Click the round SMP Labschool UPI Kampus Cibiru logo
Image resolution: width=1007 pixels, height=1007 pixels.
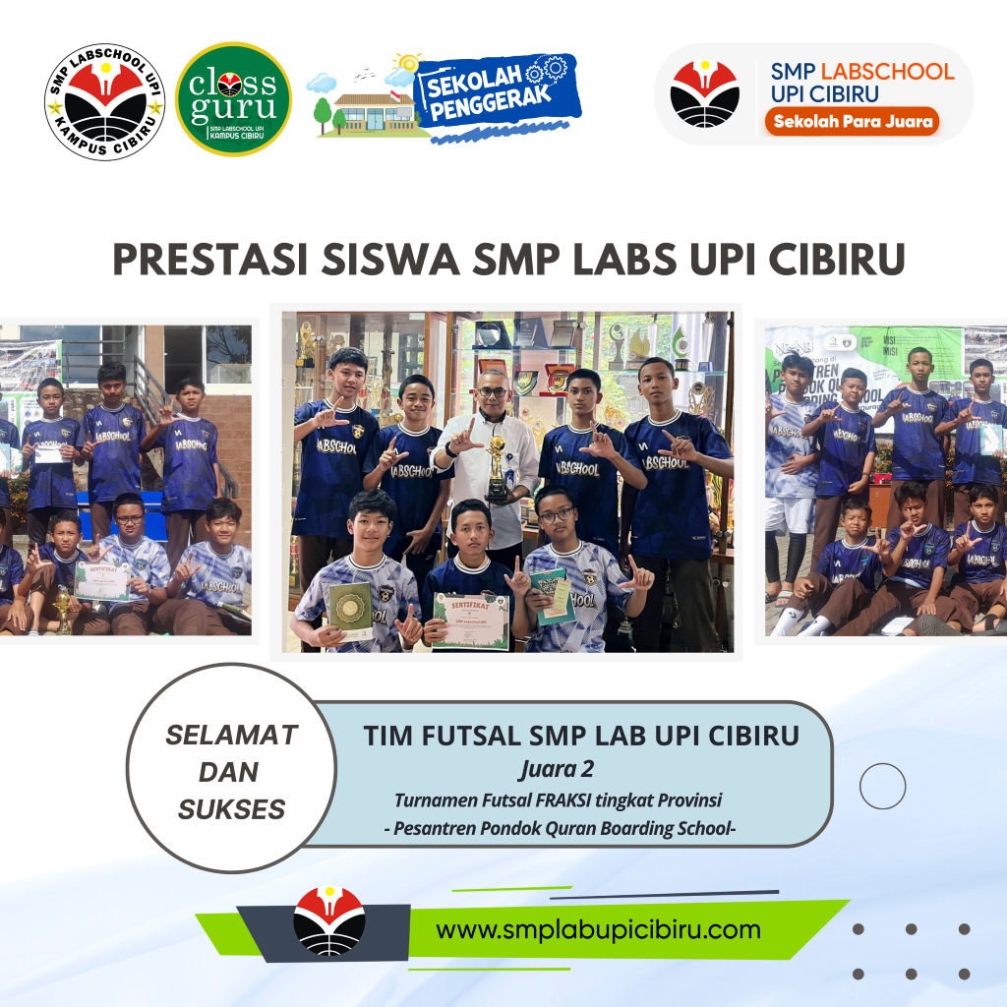pyautogui.click(x=104, y=100)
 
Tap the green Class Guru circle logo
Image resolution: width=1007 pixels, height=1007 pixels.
pyautogui.click(x=233, y=98)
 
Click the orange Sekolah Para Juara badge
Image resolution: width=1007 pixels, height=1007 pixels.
pyautogui.click(x=853, y=121)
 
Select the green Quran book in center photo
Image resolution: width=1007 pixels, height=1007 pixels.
pyautogui.click(x=350, y=611)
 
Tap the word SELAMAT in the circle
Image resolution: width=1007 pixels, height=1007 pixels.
pyautogui.click(x=231, y=734)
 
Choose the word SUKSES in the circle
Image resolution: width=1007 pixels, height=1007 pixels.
pyautogui.click(x=231, y=809)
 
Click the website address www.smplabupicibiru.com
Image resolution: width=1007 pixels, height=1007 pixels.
pyautogui.click(x=598, y=929)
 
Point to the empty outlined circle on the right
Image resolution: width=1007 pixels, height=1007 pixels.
pyautogui.click(x=882, y=786)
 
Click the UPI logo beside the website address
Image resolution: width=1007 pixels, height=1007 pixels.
pyautogui.click(x=329, y=921)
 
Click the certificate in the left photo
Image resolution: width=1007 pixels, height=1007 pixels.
pyautogui.click(x=102, y=580)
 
